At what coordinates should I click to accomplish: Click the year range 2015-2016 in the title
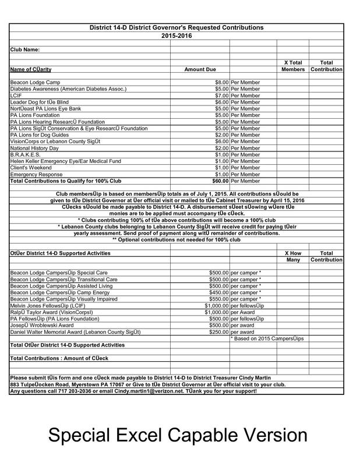pos(176,36)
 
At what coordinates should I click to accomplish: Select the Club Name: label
pos(25,50)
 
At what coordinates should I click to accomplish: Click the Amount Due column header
pos(200,69)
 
